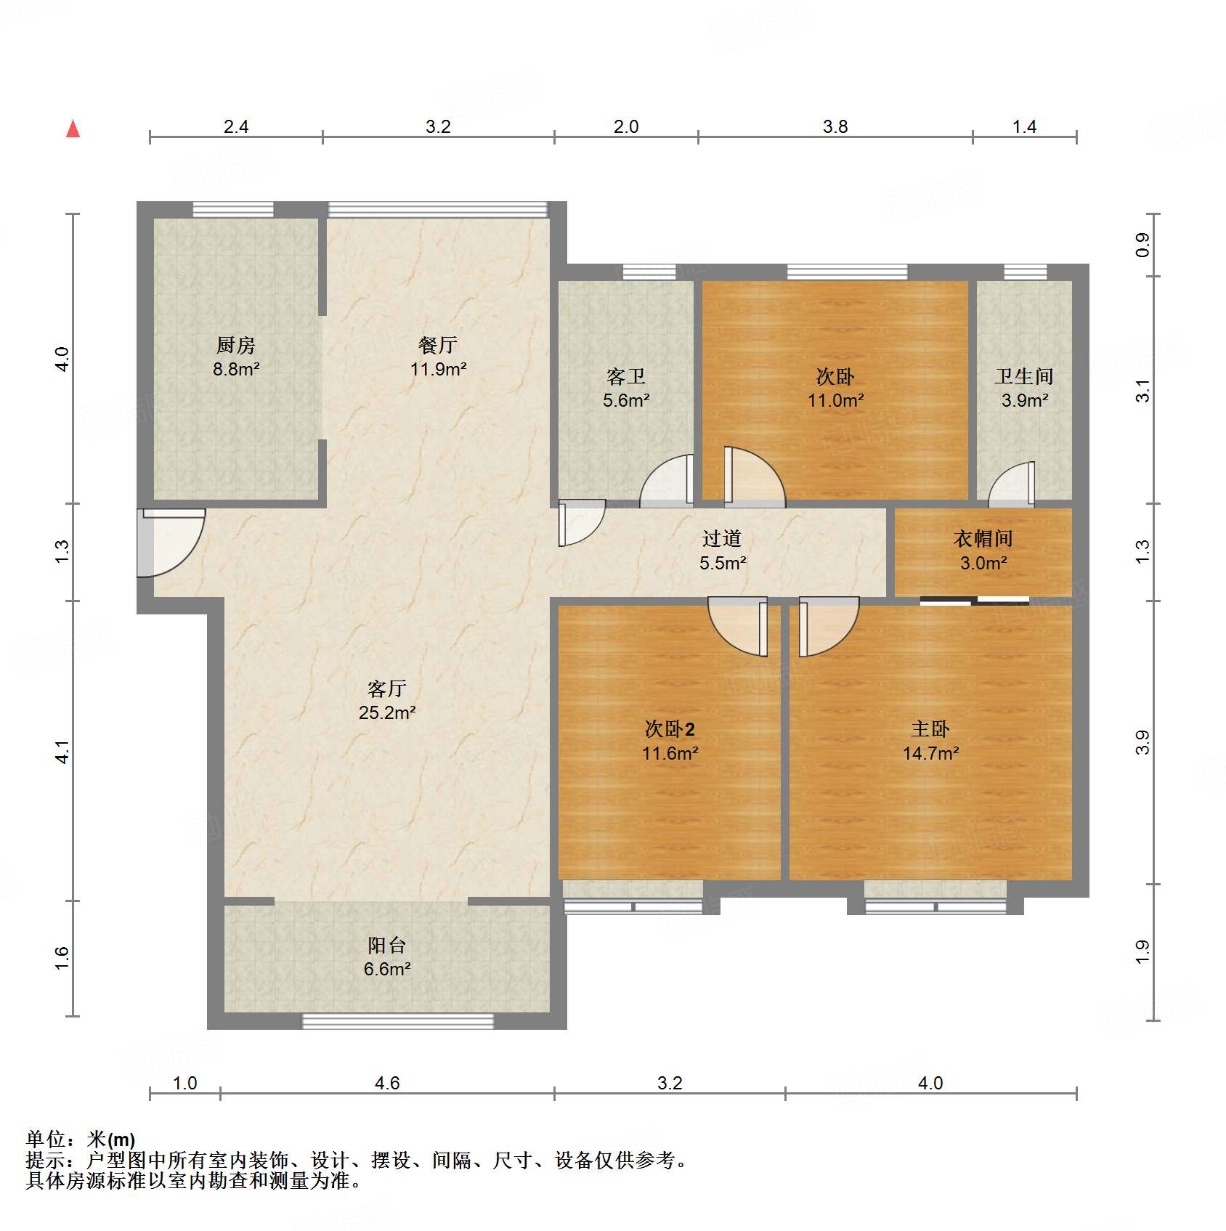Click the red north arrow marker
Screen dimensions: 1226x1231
pyautogui.click(x=73, y=129)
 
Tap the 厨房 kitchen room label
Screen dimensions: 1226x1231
pyautogui.click(x=236, y=345)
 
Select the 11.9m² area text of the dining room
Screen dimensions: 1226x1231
pyautogui.click(x=438, y=370)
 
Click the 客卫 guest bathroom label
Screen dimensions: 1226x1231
pyautogui.click(x=626, y=376)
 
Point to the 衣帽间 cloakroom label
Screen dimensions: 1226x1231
pyautogui.click(x=983, y=538)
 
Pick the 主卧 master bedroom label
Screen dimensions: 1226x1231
pyautogui.click(x=930, y=728)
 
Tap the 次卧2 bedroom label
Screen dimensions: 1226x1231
pyautogui.click(x=670, y=728)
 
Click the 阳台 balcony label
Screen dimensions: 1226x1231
pyautogui.click(x=387, y=945)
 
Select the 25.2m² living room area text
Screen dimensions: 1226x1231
pyautogui.click(x=387, y=713)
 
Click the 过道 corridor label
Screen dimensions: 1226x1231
pyautogui.click(x=722, y=538)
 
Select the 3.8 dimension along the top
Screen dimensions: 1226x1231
pyautogui.click(x=835, y=127)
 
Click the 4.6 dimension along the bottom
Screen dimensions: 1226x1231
pyautogui.click(x=387, y=1084)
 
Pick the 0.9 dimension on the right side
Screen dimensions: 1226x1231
pyautogui.click(x=1142, y=245)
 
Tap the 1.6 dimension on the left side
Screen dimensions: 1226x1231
pyautogui.click(x=62, y=958)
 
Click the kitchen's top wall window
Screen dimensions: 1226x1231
pyautogui.click(x=233, y=210)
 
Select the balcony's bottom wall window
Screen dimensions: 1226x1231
pyautogui.click(x=398, y=1022)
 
